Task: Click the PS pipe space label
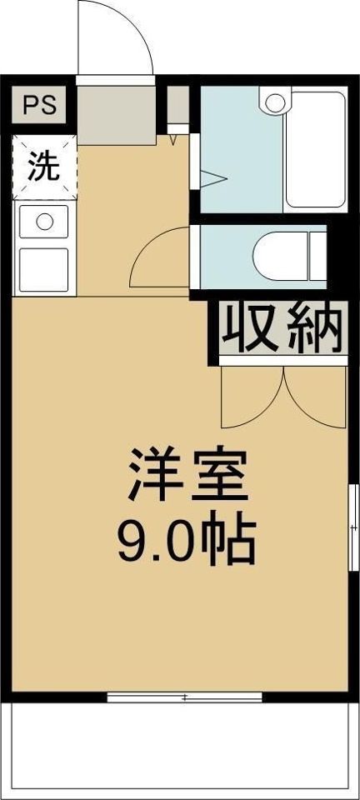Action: coord(39,106)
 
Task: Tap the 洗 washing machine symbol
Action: coord(44,167)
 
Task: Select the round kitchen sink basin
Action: coord(44,222)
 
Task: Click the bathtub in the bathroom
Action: coord(314,150)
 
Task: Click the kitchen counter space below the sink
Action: coord(44,268)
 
